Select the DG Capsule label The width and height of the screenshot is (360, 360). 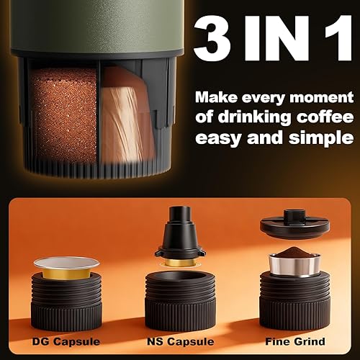click(67, 341)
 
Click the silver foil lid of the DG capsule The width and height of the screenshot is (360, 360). click(67, 264)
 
